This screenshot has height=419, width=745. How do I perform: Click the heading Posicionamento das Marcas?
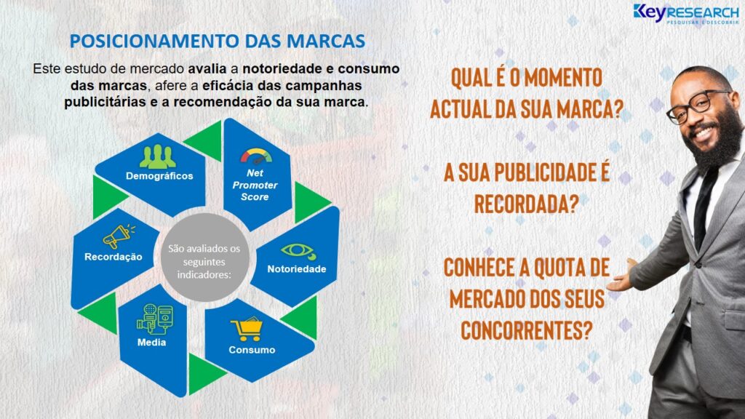[x=217, y=41]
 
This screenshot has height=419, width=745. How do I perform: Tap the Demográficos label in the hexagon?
[x=159, y=176]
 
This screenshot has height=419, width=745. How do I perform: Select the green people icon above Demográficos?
[x=157, y=157]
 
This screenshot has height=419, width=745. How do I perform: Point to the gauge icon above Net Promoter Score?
[x=256, y=156]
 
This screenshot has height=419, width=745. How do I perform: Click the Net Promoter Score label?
[x=255, y=185]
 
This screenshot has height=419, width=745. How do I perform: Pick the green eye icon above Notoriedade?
[x=298, y=252]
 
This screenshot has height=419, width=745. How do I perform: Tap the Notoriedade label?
[x=297, y=269]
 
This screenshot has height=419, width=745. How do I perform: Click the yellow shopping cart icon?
[x=247, y=330]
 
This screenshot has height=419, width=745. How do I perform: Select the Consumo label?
[x=252, y=350]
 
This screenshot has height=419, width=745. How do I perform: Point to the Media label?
[x=151, y=342]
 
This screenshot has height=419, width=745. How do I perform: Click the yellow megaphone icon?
[x=119, y=236]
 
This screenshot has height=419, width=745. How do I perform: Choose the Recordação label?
[x=113, y=257]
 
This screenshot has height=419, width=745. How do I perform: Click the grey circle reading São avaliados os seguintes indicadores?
[x=204, y=257]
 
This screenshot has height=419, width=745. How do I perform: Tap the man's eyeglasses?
[x=697, y=106]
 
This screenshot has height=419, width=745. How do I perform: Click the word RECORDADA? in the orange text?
[x=527, y=204]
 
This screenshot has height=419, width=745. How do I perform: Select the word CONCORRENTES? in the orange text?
[x=527, y=330]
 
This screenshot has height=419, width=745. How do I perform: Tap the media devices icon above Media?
[x=155, y=319]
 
